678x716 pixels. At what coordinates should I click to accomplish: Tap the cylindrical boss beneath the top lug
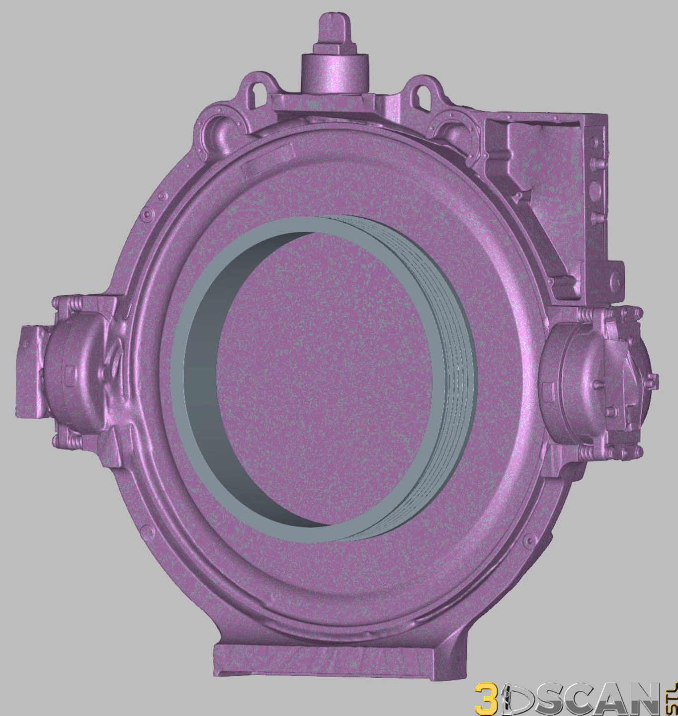[334, 73]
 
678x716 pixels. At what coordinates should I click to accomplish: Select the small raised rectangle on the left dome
[69, 372]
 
